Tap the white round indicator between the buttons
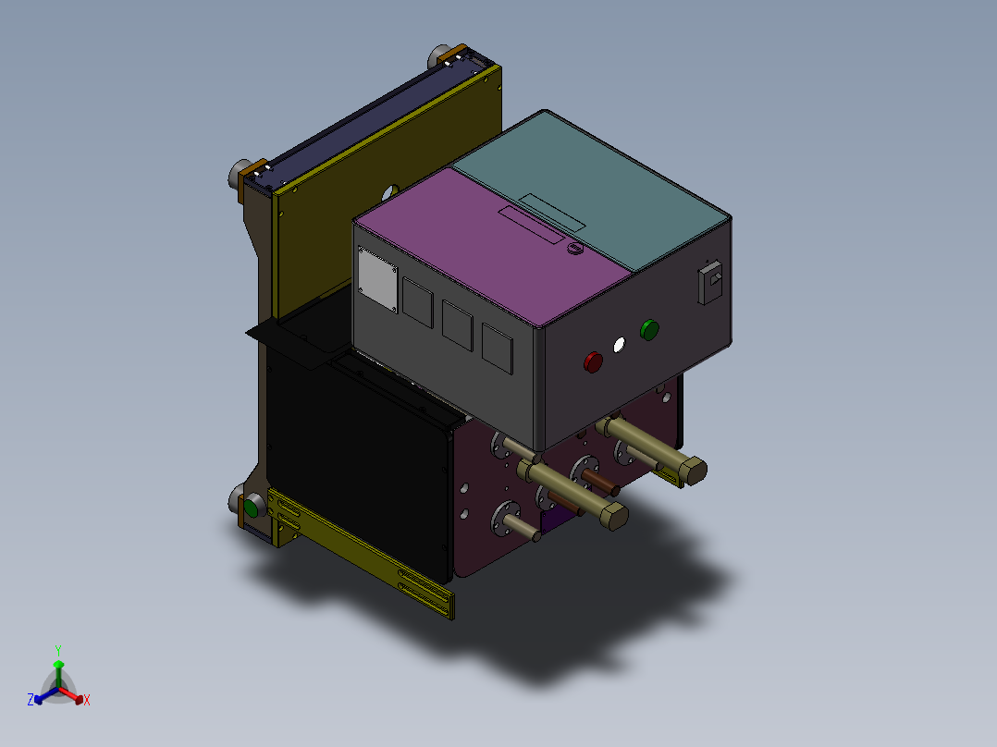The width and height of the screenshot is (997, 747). coord(620,345)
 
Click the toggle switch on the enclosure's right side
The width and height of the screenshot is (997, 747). coord(710,281)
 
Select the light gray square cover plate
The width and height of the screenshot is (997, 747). coord(377,280)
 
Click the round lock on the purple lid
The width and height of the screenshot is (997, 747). coord(574,249)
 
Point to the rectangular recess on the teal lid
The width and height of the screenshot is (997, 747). coord(551,212)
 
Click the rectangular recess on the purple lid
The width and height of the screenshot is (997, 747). coord(531,225)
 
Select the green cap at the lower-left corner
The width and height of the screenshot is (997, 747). coord(251,508)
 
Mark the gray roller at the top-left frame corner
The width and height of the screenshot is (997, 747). coord(239,172)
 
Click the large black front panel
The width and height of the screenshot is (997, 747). coord(361,462)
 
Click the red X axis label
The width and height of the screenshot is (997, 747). coord(87,700)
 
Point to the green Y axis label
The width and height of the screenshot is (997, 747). coord(58,649)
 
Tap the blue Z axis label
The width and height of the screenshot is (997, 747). coord(31,700)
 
